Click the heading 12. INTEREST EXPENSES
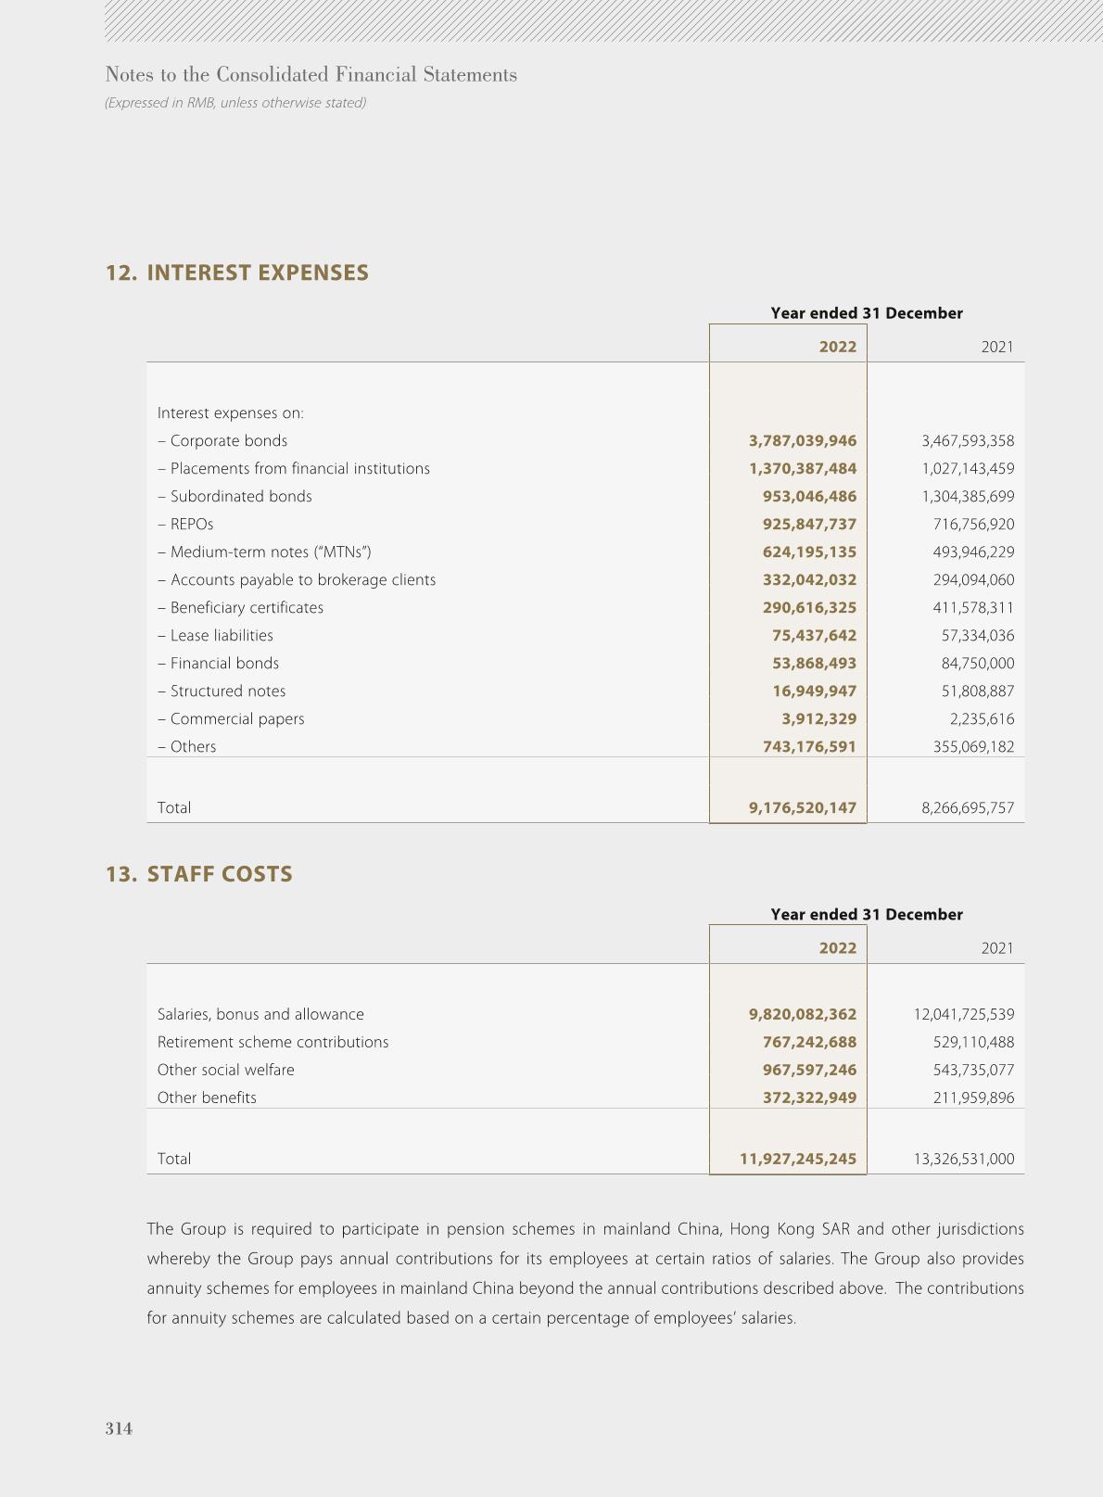point(237,273)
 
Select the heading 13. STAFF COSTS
point(199,874)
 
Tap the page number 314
point(119,1428)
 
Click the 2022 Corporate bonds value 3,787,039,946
point(803,441)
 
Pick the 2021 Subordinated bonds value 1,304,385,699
point(968,497)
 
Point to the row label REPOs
point(192,525)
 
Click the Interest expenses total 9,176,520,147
point(803,808)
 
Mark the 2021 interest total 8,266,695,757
point(968,808)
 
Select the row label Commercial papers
point(236,719)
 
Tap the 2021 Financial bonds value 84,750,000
point(977,664)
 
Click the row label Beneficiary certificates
point(247,608)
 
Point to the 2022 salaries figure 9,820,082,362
point(803,1015)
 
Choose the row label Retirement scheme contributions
point(273,1043)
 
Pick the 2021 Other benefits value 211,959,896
point(973,1098)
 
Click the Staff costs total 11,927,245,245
point(798,1160)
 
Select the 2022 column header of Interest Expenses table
point(838,347)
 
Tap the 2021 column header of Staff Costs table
point(997,948)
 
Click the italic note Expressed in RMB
point(235,103)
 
